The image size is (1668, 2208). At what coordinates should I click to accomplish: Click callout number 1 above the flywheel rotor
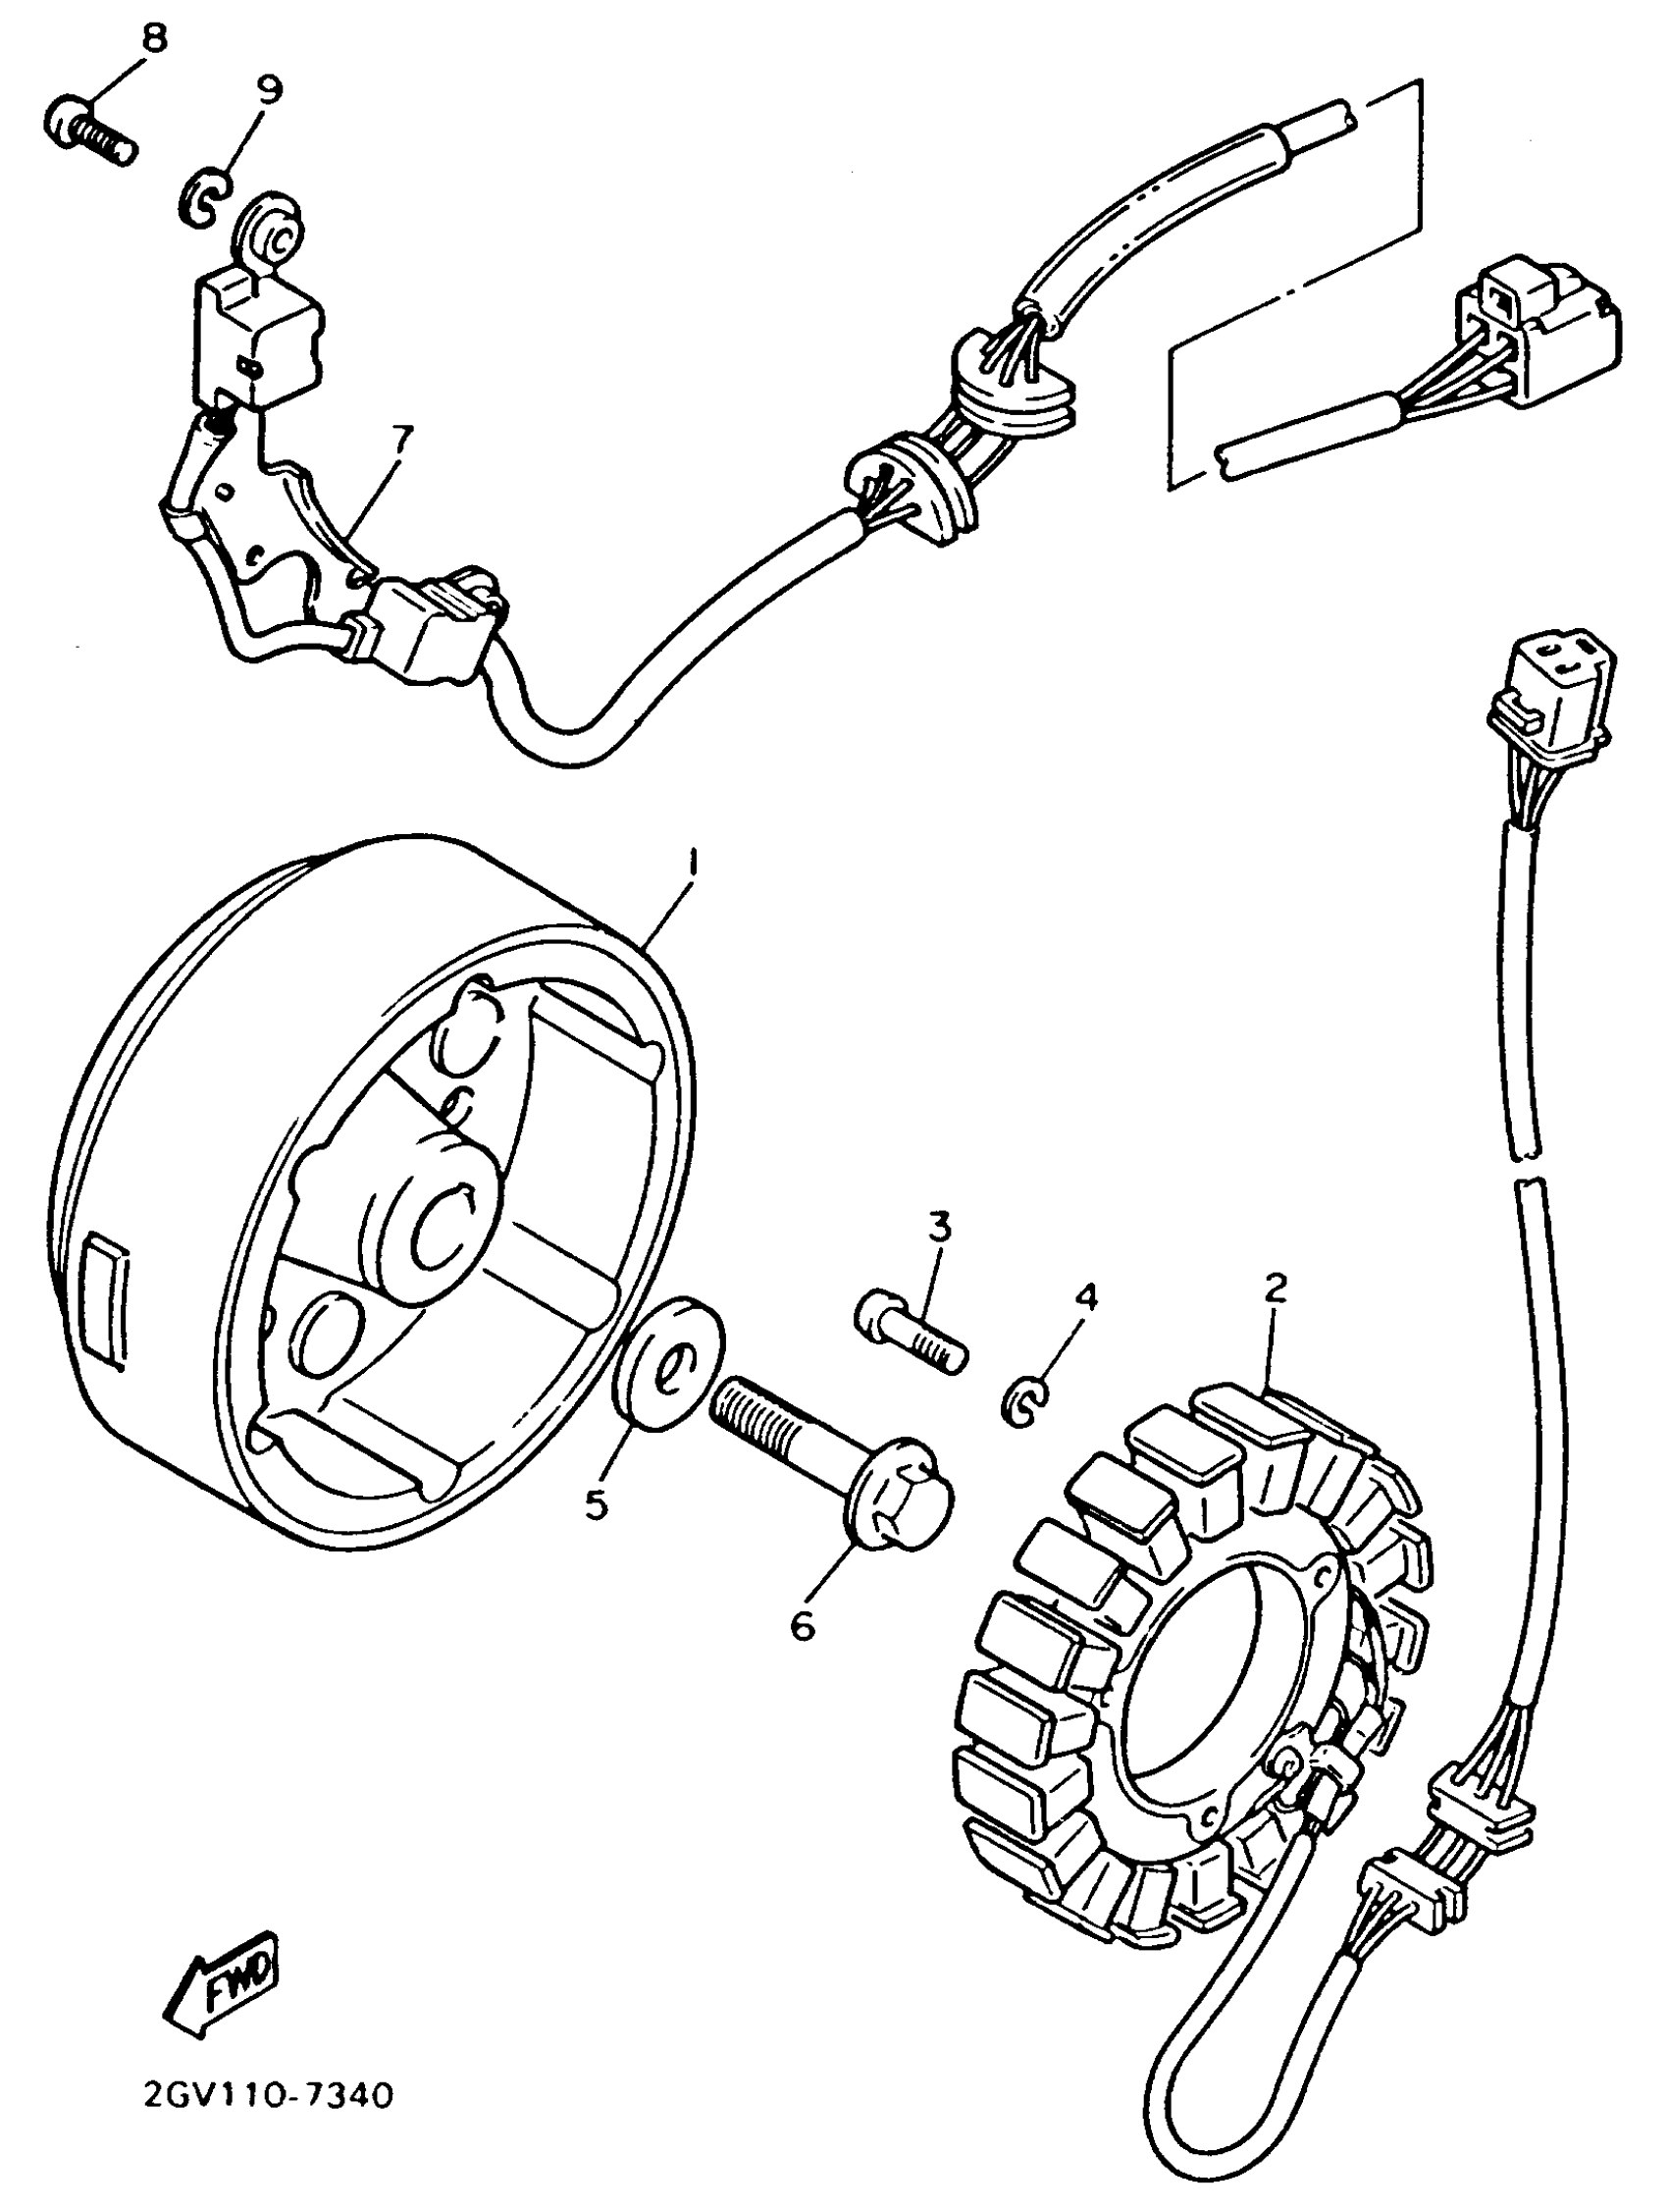point(691,860)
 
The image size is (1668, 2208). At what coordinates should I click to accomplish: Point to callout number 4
point(1085,1296)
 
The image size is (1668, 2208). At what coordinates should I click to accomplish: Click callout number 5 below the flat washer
point(596,1503)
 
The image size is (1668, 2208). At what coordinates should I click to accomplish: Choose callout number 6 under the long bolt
point(804,1625)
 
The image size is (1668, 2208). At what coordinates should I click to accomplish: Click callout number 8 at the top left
point(156,40)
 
